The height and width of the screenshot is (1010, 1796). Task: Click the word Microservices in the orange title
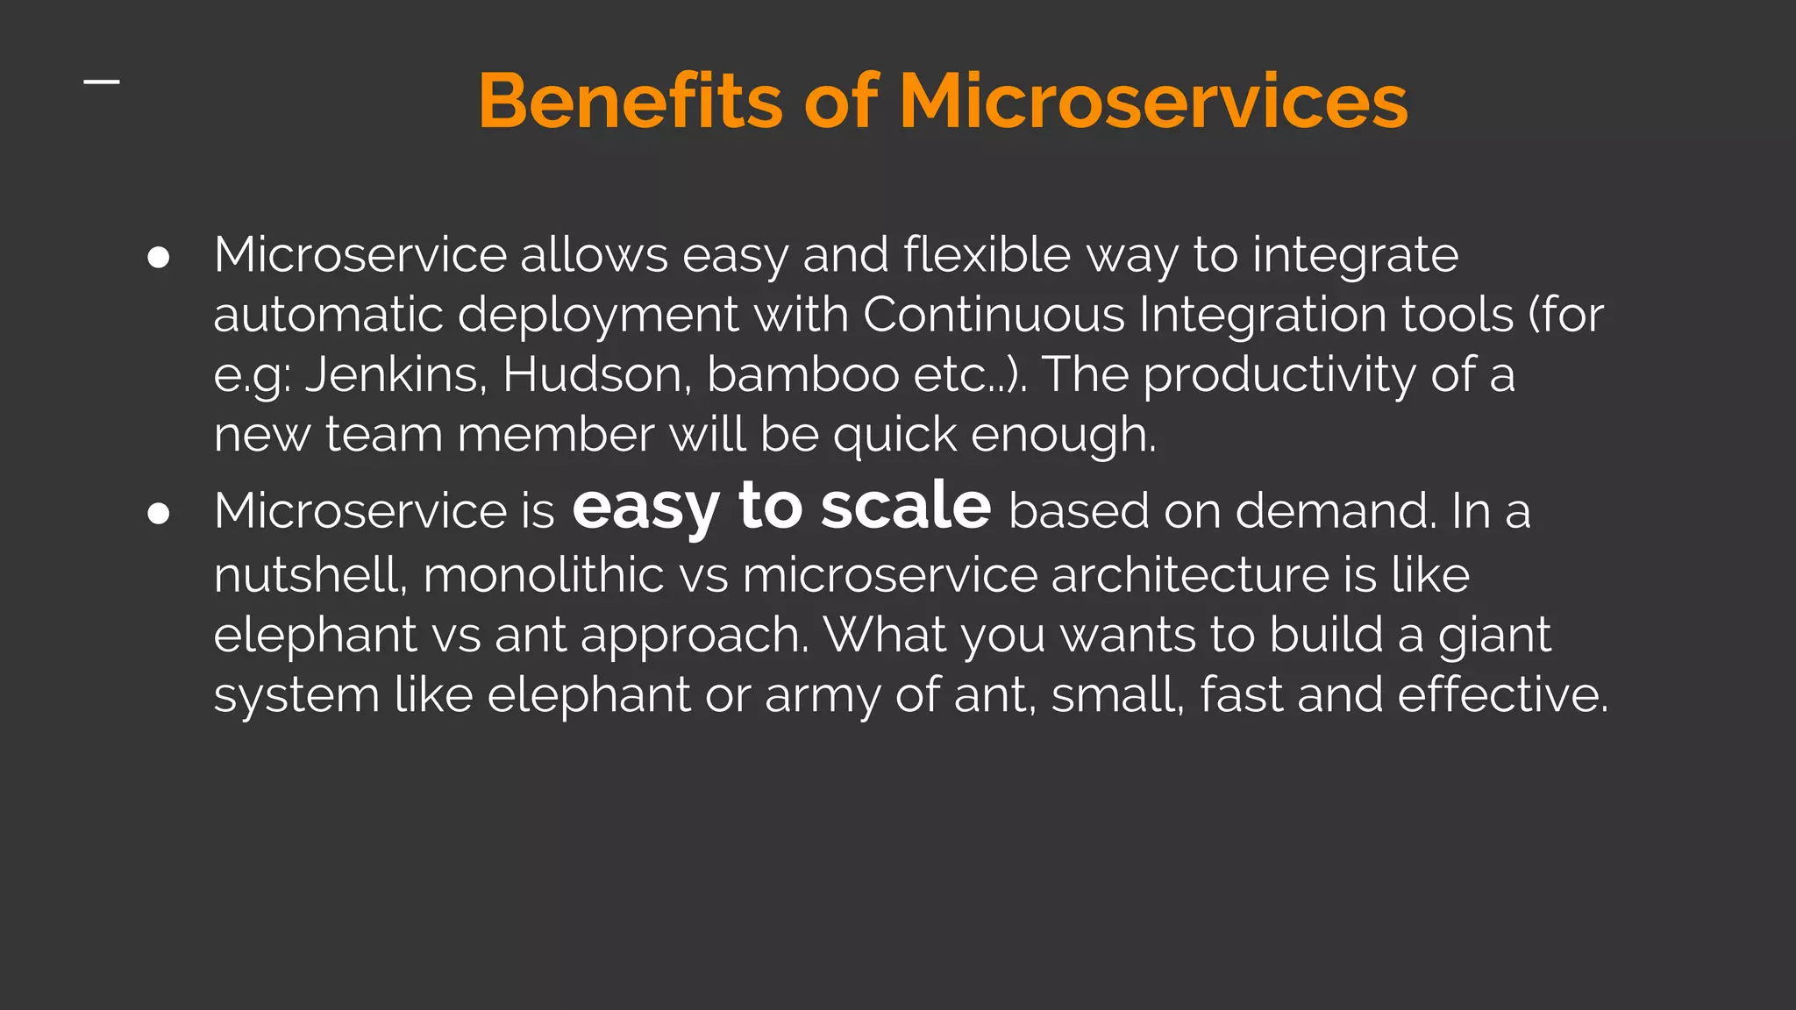point(1153,102)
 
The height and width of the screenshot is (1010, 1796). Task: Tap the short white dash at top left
point(102,82)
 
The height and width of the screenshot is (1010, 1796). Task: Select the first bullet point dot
point(159,258)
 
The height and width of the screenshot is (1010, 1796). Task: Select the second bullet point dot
point(159,514)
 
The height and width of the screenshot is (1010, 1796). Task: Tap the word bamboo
point(802,375)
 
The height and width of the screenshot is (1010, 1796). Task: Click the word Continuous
point(994,315)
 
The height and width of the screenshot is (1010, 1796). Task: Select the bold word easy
point(645,509)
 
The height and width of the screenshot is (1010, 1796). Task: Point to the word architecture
point(1189,576)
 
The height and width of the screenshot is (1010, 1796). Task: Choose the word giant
point(1494,636)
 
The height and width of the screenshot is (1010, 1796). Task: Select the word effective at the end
point(1501,695)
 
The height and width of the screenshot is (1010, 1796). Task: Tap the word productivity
point(1279,375)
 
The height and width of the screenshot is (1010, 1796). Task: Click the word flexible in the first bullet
point(987,255)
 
